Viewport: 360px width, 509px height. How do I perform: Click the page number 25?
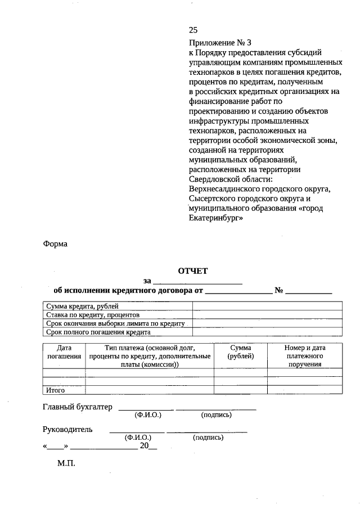point(193,30)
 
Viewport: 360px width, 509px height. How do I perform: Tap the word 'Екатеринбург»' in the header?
point(216,219)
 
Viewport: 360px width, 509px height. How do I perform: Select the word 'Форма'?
point(55,244)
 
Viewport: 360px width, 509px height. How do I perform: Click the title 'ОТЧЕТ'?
point(193,271)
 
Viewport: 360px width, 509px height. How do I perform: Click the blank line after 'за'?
point(197,281)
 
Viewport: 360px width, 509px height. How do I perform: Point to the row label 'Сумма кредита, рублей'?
point(82,306)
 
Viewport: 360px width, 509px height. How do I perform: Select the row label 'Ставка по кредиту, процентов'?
point(89,315)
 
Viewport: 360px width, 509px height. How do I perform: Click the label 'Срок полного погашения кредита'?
point(94,332)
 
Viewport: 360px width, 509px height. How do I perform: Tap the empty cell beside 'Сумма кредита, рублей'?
point(267,306)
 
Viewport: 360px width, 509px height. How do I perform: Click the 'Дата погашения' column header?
point(64,352)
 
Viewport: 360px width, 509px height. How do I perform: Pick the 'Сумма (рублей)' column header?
point(241,352)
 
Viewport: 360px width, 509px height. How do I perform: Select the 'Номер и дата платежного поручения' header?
point(304,356)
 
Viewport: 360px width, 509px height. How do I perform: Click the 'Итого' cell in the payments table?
point(56,390)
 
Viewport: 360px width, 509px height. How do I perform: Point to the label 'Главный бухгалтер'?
point(78,407)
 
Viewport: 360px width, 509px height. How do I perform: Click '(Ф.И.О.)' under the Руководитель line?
point(138,437)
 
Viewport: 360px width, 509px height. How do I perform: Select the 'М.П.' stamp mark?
point(66,466)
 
